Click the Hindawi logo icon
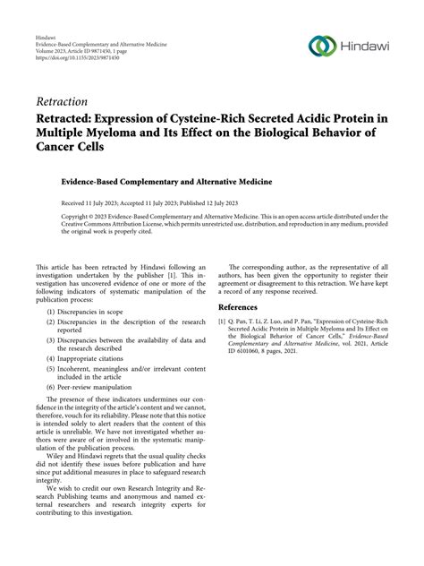(321, 46)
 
